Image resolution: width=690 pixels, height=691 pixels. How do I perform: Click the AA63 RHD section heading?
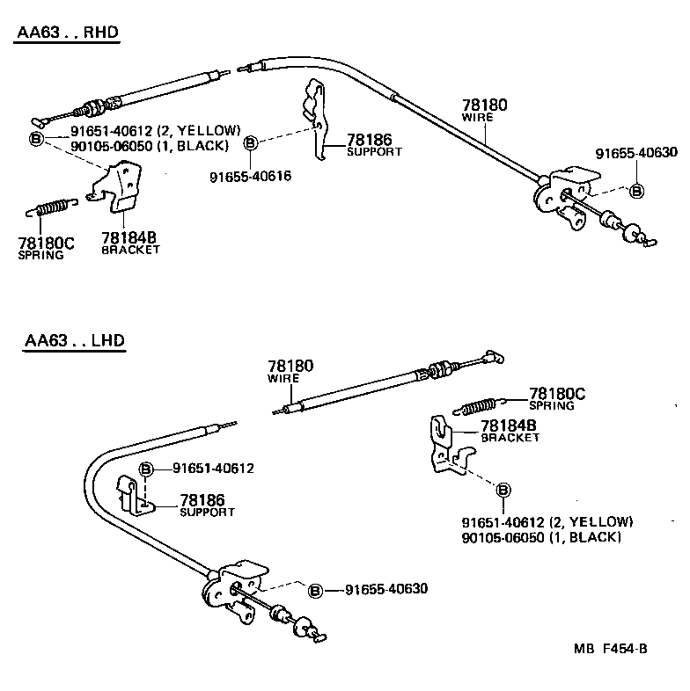click(x=67, y=34)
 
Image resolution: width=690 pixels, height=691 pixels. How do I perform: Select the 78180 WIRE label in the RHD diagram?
click(x=485, y=112)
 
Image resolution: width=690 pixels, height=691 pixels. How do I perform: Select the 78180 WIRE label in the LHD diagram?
click(x=290, y=370)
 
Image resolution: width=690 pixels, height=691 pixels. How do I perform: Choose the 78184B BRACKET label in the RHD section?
click(x=129, y=243)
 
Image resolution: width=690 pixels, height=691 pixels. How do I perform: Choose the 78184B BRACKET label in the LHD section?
click(x=510, y=431)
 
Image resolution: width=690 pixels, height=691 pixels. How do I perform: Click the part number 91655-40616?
click(x=250, y=177)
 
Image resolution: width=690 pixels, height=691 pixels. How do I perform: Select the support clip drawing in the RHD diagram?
click(x=315, y=119)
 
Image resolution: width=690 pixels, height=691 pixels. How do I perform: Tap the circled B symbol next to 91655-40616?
click(x=251, y=142)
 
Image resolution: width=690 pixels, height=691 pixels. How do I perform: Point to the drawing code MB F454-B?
click(x=610, y=650)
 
